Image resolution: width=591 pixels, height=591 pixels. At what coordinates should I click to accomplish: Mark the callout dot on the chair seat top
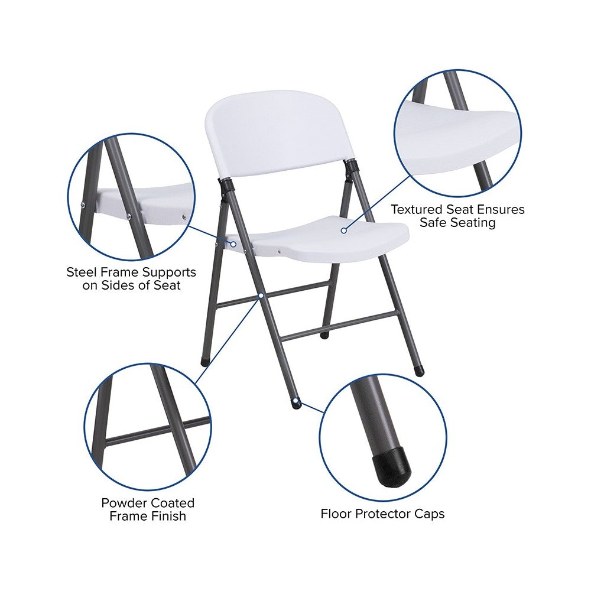(343, 230)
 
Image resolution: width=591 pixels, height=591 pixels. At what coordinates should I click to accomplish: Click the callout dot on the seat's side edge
(233, 244)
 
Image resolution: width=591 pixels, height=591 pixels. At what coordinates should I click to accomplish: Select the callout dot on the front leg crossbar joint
(261, 296)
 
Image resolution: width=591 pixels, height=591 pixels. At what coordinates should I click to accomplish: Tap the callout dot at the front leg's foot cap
(297, 400)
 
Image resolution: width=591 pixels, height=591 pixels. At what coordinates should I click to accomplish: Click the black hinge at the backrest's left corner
(225, 187)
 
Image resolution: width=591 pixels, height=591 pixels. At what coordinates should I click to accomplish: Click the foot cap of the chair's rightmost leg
(419, 371)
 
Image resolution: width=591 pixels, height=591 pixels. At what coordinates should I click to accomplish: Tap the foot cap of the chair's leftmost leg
(204, 362)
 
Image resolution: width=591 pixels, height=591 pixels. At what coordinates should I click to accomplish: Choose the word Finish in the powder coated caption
(167, 516)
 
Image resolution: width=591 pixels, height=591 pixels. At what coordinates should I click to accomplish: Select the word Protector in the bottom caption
(382, 514)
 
